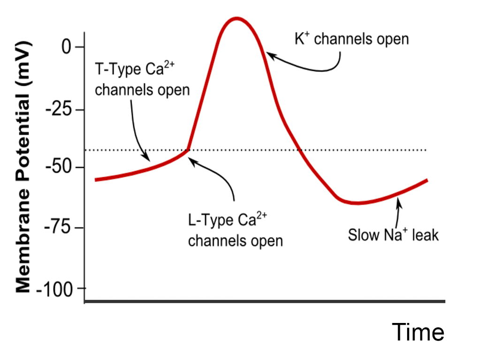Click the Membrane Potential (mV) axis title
[x=23, y=166]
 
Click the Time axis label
[x=418, y=332]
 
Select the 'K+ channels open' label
[x=351, y=39]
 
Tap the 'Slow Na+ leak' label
[x=393, y=234]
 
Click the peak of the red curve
[x=236, y=19]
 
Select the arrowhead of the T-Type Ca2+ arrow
[x=147, y=158]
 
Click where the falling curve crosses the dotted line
[x=298, y=150]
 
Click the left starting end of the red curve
[x=96, y=180]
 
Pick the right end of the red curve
[x=426, y=180]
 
